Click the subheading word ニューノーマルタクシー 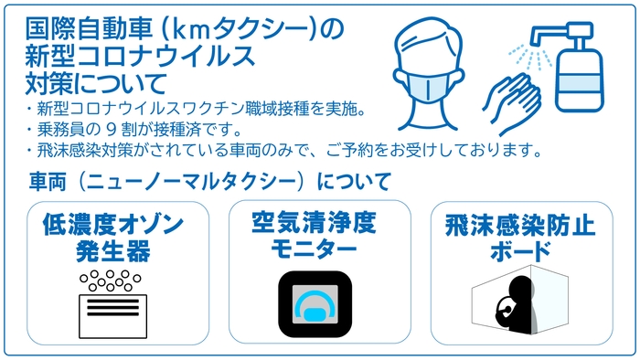pos(197,180)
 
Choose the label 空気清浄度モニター pos(315,235)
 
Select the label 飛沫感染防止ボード pos(519,236)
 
